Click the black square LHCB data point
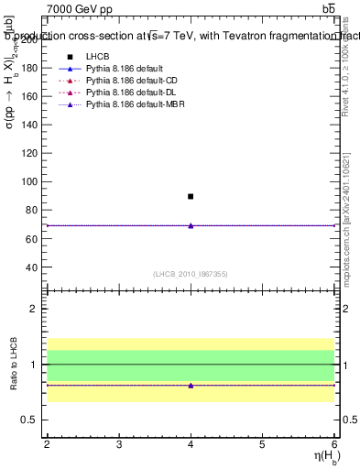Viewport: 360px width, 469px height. (191, 196)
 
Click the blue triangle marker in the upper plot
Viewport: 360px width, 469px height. (191, 225)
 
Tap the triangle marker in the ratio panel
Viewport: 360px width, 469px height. (191, 385)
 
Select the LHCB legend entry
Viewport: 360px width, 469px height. (97, 57)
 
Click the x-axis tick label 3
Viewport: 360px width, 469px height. (119, 444)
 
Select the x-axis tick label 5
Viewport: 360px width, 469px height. (263, 444)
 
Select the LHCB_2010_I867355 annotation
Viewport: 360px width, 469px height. (191, 274)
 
